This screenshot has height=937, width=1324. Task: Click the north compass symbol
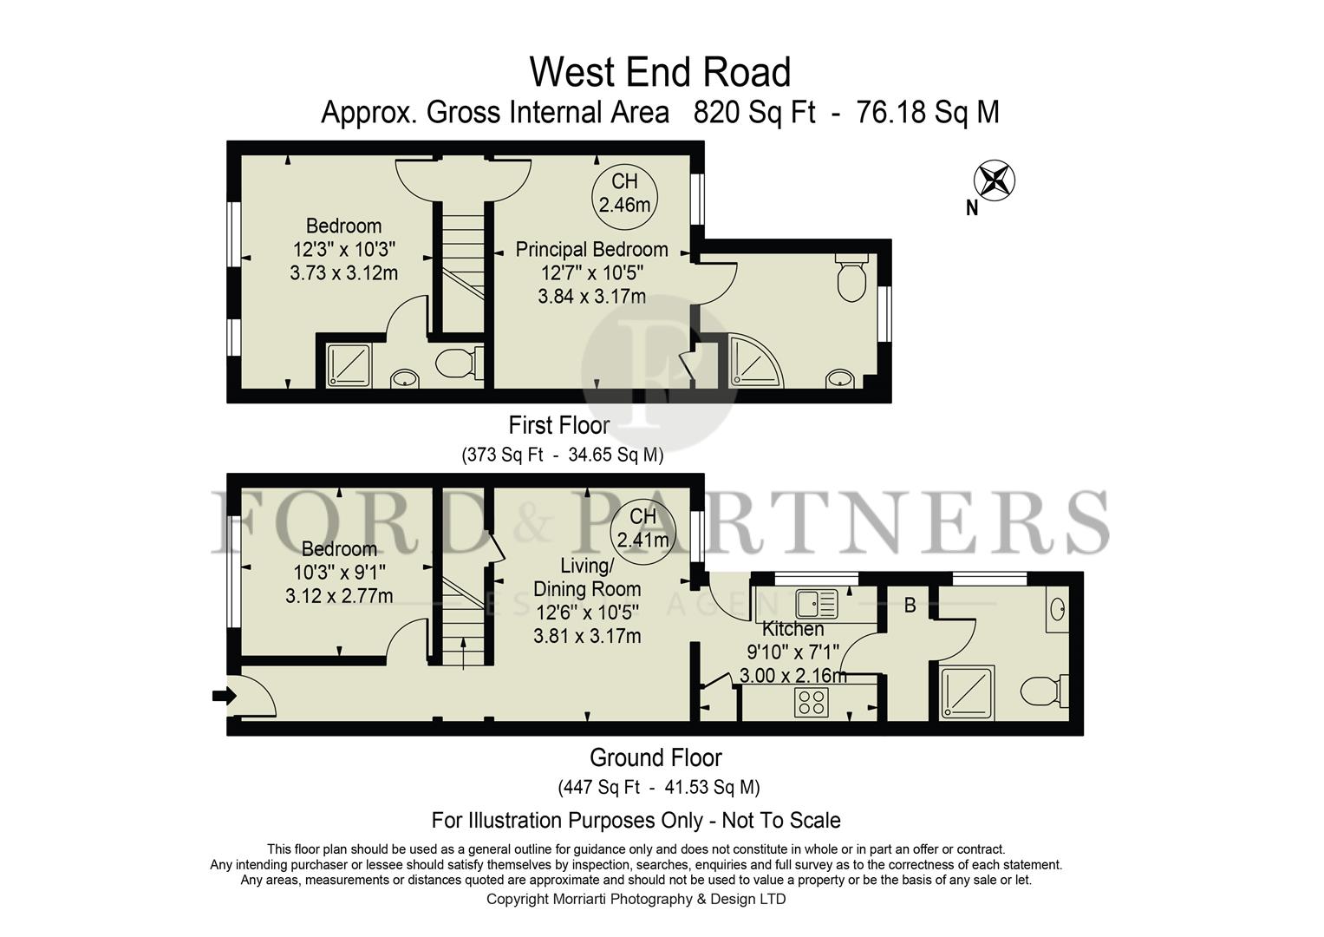[994, 181]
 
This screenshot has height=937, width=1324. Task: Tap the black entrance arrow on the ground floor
[224, 695]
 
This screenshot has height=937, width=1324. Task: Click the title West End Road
[660, 72]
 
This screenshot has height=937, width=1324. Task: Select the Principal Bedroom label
[591, 250]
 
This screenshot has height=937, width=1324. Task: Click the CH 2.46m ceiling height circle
[624, 193]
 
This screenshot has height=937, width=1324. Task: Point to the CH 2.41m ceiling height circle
[642, 528]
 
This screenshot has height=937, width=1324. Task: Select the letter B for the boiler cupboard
[910, 606]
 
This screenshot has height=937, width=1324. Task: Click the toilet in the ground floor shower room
[1043, 691]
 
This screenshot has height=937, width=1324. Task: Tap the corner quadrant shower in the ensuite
[754, 360]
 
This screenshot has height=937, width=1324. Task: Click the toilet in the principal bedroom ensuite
[851, 278]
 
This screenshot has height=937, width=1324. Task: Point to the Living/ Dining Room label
[587, 577]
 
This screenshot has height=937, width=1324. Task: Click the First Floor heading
[558, 425]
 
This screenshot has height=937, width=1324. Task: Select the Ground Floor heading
[655, 758]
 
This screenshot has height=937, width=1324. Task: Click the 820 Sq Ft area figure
[754, 113]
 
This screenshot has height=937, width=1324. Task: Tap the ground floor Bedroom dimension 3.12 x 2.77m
[338, 596]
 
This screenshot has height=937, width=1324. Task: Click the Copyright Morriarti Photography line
[636, 900]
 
